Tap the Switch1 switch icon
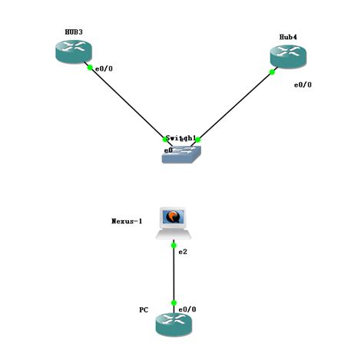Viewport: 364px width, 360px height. [180, 154]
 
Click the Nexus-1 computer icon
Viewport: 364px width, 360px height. [174, 223]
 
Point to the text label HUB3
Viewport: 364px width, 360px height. [73, 32]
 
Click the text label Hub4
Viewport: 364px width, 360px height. [289, 36]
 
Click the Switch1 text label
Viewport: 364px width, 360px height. [181, 138]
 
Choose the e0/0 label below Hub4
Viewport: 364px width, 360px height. [303, 84]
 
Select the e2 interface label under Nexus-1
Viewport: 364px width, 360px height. [183, 252]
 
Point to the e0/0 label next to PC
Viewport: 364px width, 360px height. [187, 309]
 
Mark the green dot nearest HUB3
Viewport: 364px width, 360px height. [90, 68]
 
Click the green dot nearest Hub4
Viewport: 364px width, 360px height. [273, 73]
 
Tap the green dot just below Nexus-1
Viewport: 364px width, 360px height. [174, 245]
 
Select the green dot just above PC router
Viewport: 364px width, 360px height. [174, 303]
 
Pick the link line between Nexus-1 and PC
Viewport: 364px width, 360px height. [174, 274]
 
